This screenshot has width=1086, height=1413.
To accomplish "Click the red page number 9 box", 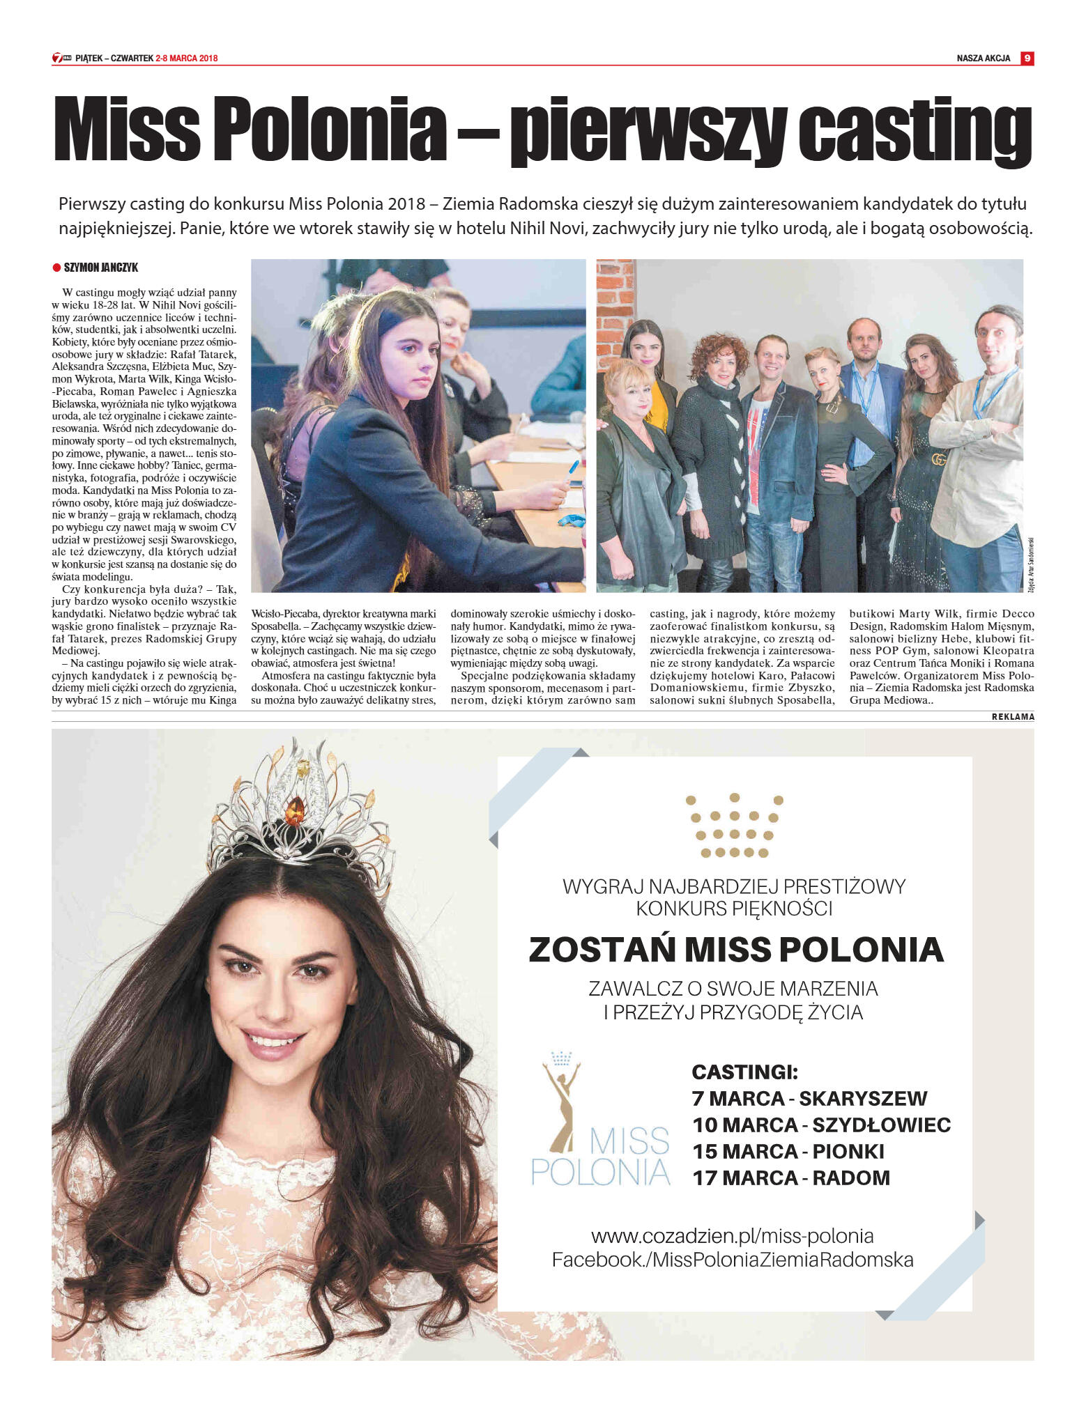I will (1027, 59).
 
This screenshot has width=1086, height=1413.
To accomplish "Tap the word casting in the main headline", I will (914, 130).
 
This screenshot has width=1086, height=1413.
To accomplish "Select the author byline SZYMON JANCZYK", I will (100, 268).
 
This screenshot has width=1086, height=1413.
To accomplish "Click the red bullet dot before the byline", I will (56, 268).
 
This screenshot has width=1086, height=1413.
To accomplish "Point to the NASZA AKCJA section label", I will (983, 59).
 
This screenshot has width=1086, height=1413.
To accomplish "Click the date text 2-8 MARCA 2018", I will (187, 59).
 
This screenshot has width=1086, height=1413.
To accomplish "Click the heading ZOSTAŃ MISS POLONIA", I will (735, 950).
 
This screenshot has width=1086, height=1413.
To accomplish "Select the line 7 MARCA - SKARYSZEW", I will (809, 1099).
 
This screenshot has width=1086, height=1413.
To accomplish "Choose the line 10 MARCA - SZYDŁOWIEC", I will (821, 1125).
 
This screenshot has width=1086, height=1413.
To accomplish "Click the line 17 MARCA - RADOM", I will (790, 1178).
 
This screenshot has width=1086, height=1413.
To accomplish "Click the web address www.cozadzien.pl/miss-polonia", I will (732, 1236).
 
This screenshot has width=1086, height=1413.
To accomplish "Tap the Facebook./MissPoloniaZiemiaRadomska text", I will (732, 1260).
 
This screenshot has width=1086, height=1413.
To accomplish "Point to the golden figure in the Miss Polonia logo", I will (562, 1108).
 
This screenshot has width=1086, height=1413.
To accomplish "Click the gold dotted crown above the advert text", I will (733, 825).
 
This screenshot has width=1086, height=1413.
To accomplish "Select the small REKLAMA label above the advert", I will (1012, 717).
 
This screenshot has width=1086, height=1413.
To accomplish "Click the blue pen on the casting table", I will (574, 467).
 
